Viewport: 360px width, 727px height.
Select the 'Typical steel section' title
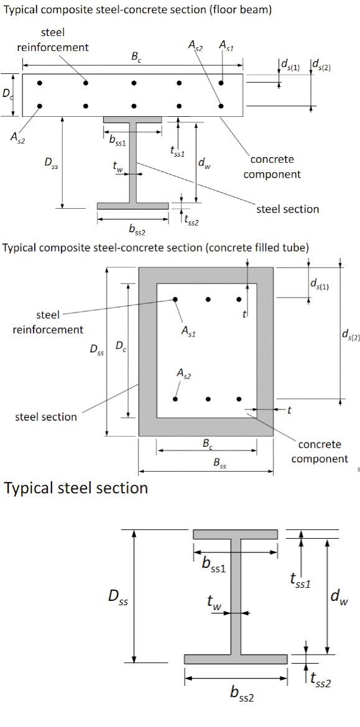coord(76,488)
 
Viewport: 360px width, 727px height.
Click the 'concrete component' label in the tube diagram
coord(320,452)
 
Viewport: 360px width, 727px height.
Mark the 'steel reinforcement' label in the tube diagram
coord(48,322)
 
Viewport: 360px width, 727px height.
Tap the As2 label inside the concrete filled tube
coord(184,374)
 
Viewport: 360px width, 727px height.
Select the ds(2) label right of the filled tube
coord(351,336)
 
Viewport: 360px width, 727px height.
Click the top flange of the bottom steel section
coord(235,534)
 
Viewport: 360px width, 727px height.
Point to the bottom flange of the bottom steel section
coord(236,659)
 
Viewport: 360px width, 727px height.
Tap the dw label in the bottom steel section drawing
coord(339,598)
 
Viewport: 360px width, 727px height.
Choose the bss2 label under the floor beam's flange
coord(136,229)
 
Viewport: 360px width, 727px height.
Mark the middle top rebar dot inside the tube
coord(208,299)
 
